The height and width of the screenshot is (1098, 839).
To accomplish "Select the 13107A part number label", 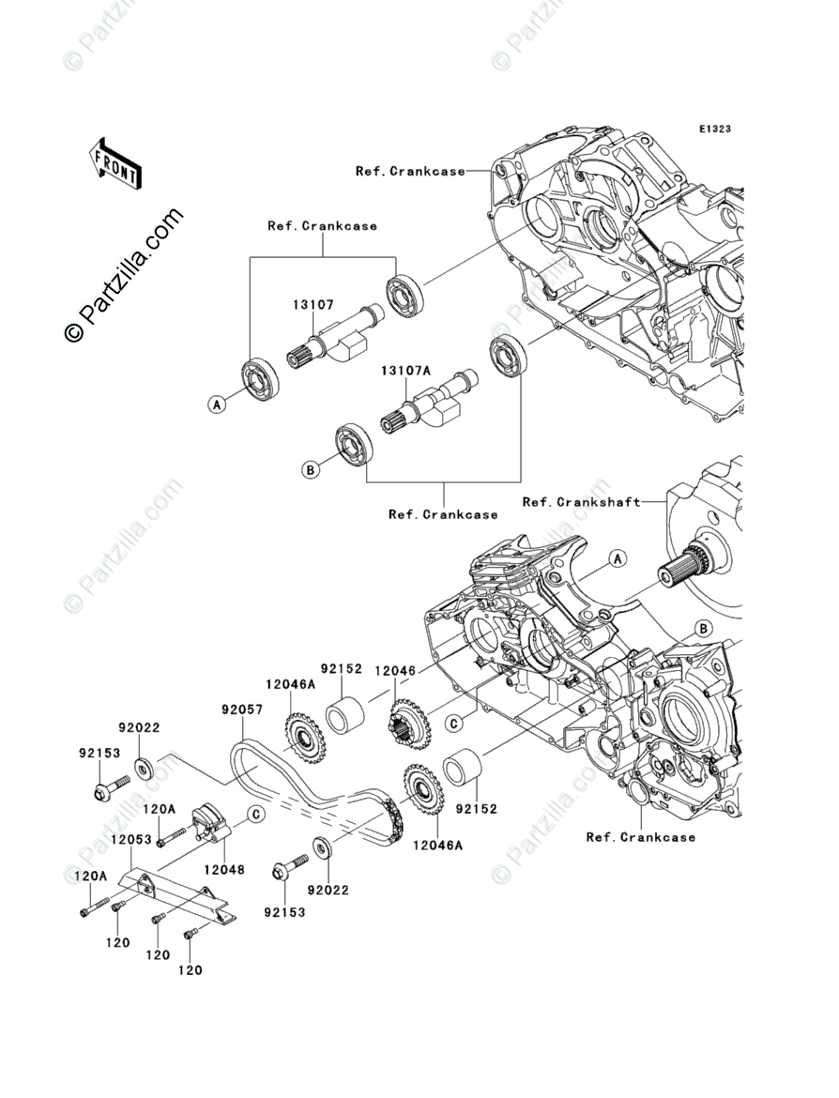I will tap(404, 372).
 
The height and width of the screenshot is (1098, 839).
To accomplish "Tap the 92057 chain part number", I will tap(241, 710).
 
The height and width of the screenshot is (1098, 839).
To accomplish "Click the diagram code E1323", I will tap(713, 129).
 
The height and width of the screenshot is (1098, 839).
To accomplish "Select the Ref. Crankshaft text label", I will tap(581, 502).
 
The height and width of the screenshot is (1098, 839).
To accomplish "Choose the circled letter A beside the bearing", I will tap(217, 404).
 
